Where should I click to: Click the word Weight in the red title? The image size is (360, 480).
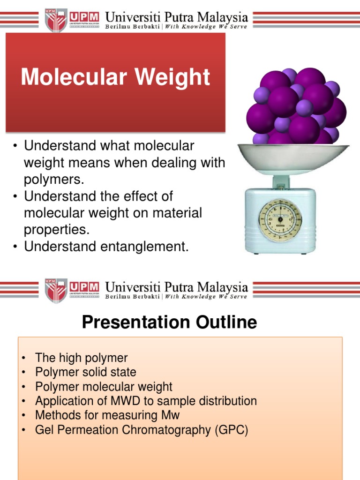point(172,77)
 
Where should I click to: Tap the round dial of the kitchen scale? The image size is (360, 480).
point(280,219)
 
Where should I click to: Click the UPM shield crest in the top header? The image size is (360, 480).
point(56,20)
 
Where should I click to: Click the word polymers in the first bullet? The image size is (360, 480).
point(54,180)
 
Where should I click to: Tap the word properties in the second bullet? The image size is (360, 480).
point(57,230)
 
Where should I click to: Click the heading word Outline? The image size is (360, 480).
point(226,322)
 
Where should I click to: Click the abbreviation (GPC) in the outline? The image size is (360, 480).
point(232,430)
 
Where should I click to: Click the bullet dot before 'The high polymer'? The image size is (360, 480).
point(23,358)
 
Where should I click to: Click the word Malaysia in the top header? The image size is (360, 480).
point(222,17)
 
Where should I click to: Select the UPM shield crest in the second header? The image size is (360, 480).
point(56,291)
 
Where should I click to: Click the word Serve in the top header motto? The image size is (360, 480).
point(239,27)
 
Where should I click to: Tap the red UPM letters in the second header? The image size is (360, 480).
point(84,287)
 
